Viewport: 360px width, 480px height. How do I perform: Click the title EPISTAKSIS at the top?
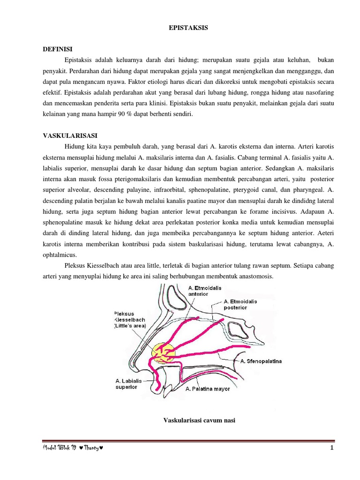(187, 28)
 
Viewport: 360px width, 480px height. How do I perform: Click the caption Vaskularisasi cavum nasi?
(199, 420)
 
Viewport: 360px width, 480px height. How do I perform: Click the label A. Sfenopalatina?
(261, 361)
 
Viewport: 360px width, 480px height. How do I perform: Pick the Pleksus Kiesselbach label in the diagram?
(130, 320)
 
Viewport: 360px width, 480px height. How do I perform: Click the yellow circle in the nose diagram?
(162, 353)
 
